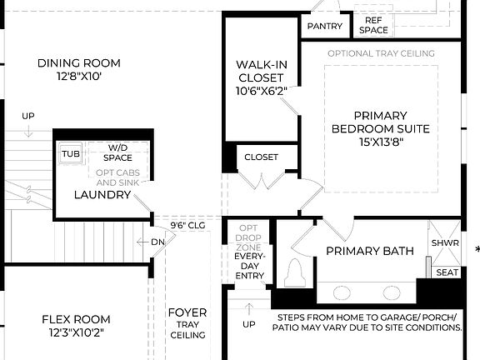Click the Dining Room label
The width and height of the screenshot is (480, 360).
pos(79,63)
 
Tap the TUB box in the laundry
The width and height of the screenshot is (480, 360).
pos(69,154)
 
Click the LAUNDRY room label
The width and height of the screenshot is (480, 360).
pos(102,195)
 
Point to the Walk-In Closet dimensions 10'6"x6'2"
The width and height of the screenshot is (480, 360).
pos(261,91)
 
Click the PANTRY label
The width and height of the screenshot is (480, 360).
pos(324,26)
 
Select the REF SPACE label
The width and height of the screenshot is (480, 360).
pos(373,25)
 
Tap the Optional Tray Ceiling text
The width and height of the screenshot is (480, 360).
pos(381,53)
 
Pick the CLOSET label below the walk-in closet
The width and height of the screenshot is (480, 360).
pos(261,157)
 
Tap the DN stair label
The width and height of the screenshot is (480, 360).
pos(158,242)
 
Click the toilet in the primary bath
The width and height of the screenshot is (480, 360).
pos(293,272)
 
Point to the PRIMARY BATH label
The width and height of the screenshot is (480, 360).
pos(369,251)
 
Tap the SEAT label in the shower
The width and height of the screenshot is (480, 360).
pos(447,272)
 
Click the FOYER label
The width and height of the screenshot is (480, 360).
pos(187,313)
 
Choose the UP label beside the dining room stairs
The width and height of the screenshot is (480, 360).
pos(28,115)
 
